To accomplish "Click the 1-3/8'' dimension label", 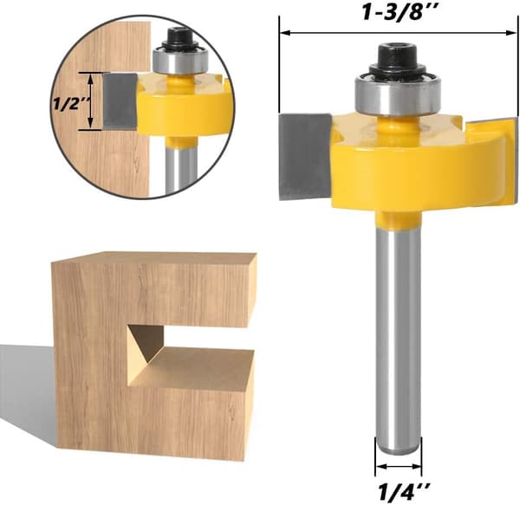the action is tap(401, 13).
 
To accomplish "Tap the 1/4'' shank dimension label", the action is tap(404, 490).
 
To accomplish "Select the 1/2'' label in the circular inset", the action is tap(72, 104).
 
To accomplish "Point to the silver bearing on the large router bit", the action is tap(396, 96).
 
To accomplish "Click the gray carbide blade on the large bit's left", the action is tap(305, 157).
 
